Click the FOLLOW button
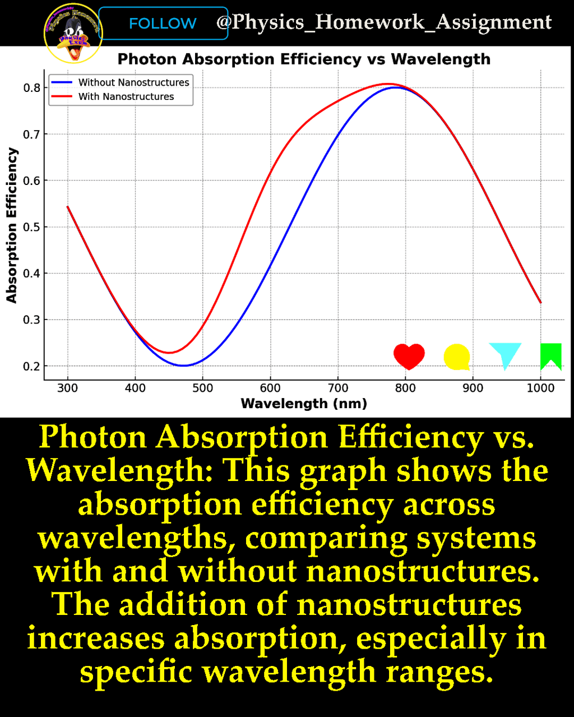point(163,24)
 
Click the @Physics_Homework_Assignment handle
point(384,22)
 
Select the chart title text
point(304,59)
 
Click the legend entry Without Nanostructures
point(133,82)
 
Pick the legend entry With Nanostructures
point(126,96)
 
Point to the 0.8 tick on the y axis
point(31,87)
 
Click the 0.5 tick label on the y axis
point(31,227)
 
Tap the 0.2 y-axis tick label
point(31,367)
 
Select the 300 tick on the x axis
point(68,388)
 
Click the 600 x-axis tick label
point(270,388)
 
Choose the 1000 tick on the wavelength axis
point(540,388)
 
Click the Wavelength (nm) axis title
point(304,404)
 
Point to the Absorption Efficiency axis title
point(12,225)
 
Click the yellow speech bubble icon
point(456,357)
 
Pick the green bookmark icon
point(550,356)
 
